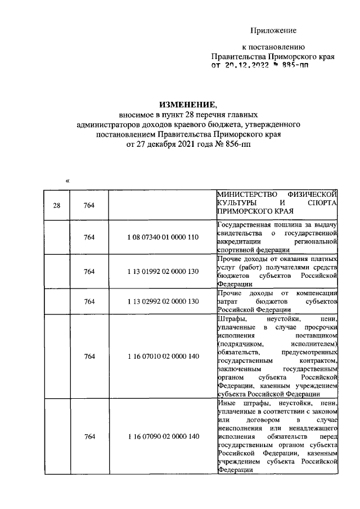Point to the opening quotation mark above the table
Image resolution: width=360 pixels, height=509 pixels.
(x=67, y=181)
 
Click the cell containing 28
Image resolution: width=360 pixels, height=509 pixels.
(x=56, y=205)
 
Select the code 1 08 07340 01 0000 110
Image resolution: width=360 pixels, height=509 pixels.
(x=163, y=237)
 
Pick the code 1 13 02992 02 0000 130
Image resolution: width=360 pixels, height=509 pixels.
(x=163, y=301)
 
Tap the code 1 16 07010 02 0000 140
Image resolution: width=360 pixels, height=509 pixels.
(x=163, y=356)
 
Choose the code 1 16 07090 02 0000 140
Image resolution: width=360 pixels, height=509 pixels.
(x=163, y=437)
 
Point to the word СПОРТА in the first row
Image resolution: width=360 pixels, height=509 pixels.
(x=322, y=202)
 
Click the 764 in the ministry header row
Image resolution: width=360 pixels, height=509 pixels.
(x=89, y=205)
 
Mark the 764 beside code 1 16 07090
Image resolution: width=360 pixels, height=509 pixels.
(x=89, y=437)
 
